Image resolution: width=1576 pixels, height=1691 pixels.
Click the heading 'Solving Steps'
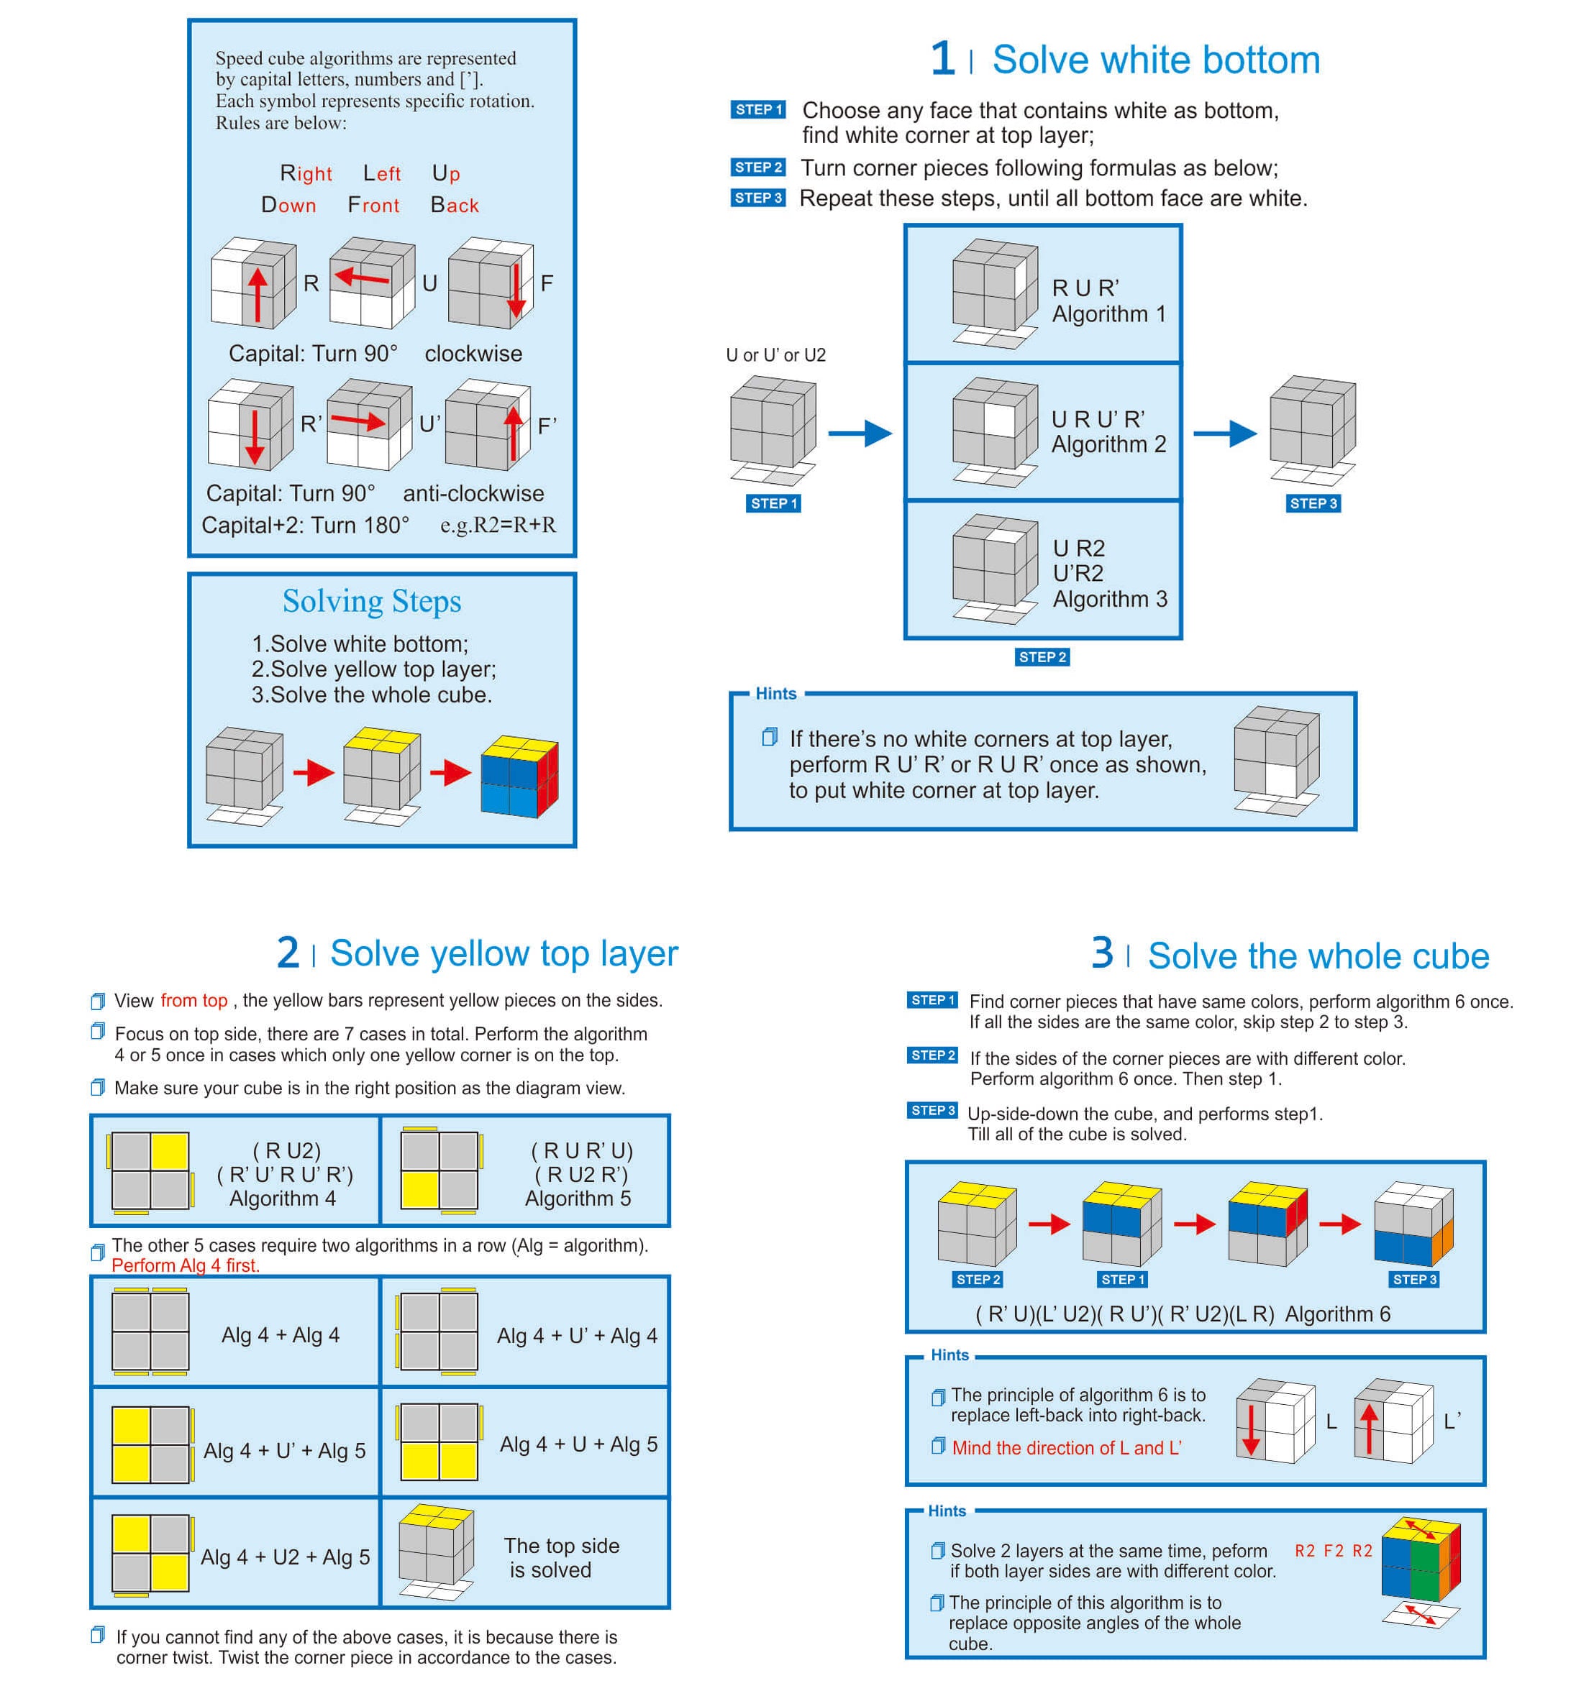pyautogui.click(x=372, y=601)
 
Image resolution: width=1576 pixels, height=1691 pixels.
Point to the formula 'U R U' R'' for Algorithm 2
pyautogui.click(x=1098, y=419)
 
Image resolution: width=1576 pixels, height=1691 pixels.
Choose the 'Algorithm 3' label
pyautogui.click(x=1110, y=599)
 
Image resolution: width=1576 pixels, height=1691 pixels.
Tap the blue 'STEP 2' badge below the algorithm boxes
pyautogui.click(x=1042, y=656)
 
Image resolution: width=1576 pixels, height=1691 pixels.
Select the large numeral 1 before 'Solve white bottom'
pyautogui.click(x=942, y=59)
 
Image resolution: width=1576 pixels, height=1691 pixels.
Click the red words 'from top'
pyautogui.click(x=194, y=1000)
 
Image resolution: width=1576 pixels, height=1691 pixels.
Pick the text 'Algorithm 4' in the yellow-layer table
pyautogui.click(x=283, y=1199)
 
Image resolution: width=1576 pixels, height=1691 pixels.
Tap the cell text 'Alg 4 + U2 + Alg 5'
pyautogui.click(x=285, y=1557)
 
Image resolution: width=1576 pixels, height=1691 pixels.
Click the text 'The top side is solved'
pyautogui.click(x=561, y=1557)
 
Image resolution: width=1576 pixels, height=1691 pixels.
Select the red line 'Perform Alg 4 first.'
pyautogui.click(x=186, y=1265)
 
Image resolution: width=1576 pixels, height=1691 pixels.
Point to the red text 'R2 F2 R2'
pyautogui.click(x=1333, y=1551)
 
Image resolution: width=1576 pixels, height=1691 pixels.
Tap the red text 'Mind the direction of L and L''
pyautogui.click(x=1066, y=1448)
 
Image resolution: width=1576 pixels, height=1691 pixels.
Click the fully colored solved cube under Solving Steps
pyautogui.click(x=519, y=776)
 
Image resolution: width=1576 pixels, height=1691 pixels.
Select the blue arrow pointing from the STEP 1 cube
pyautogui.click(x=860, y=433)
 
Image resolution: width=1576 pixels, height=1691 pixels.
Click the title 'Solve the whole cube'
pyautogui.click(x=1318, y=956)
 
